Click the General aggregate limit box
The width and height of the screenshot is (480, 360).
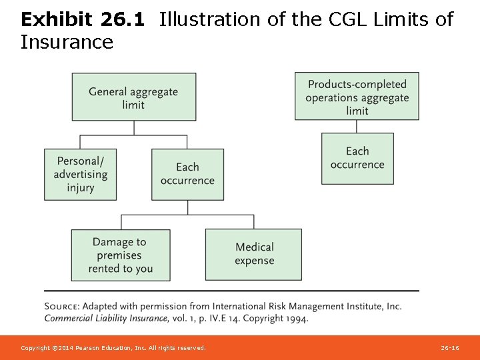pyautogui.click(x=134, y=97)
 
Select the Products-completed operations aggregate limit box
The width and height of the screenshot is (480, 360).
pyautogui.click(x=357, y=96)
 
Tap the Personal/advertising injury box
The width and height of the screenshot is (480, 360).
pyautogui.click(x=81, y=174)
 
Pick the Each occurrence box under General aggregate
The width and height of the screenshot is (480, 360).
pyautogui.click(x=187, y=174)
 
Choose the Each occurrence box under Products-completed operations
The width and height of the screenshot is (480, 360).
pyautogui.click(x=357, y=158)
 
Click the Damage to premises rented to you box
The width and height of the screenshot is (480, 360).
pyautogui.click(x=121, y=255)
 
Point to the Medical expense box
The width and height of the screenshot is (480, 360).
pyautogui.click(x=254, y=254)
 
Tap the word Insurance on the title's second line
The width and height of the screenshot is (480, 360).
pyautogui.click(x=67, y=43)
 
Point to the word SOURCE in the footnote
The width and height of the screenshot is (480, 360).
pyautogui.click(x=63, y=307)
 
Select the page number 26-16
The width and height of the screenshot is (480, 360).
pyautogui.click(x=450, y=348)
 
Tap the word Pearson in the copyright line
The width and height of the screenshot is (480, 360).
pyautogui.click(x=93, y=348)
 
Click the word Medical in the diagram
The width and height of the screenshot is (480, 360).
pyautogui.click(x=254, y=247)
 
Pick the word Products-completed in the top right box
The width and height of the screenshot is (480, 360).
pyautogui.click(x=357, y=84)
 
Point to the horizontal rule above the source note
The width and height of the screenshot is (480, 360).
pyautogui.click(x=231, y=291)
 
